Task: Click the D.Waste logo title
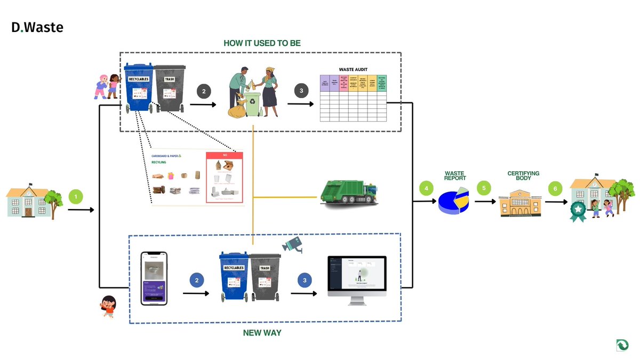37,27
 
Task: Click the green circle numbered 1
76,197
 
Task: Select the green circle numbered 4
426,188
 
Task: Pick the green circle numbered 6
555,188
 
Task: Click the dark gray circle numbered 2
203,91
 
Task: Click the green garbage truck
350,191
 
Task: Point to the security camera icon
292,244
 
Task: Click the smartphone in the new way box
154,278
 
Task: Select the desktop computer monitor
356,278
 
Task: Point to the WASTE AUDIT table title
353,69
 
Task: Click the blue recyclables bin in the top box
138,88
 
